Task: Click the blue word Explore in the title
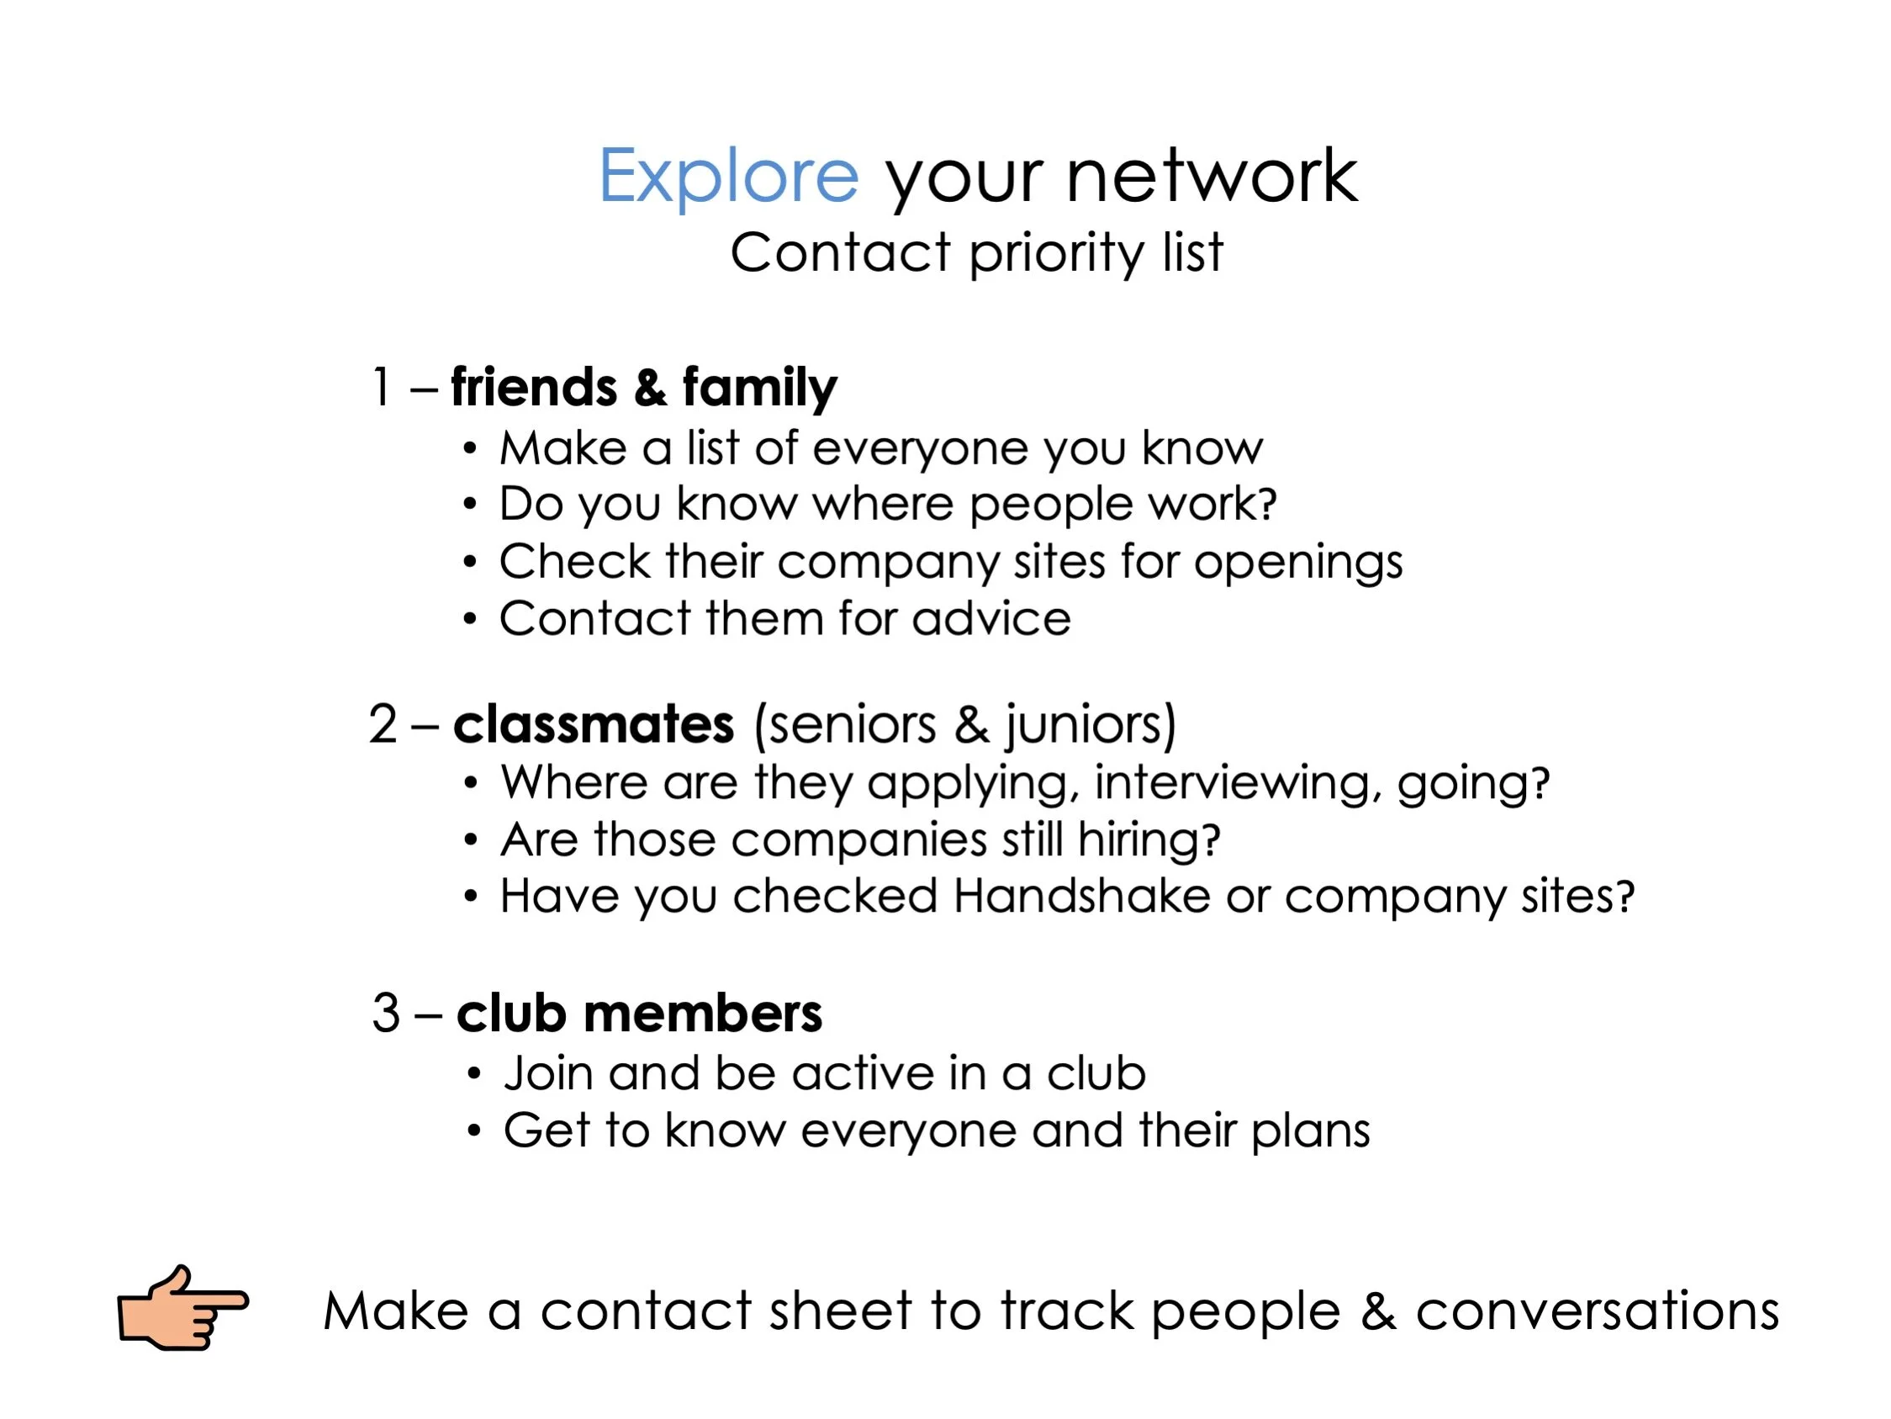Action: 727,176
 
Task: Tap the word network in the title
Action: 1212,176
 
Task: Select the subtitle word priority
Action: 1056,254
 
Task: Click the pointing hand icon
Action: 182,1309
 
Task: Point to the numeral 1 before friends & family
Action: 381,388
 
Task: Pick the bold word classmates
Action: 594,724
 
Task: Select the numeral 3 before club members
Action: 387,1014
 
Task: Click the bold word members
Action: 703,1014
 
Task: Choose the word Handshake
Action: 1081,897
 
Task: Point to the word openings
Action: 1297,563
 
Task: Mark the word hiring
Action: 1148,840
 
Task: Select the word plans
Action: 1311,1131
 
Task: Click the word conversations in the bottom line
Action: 1597,1311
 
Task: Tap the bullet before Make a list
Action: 469,449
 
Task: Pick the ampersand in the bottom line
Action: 1378,1311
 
